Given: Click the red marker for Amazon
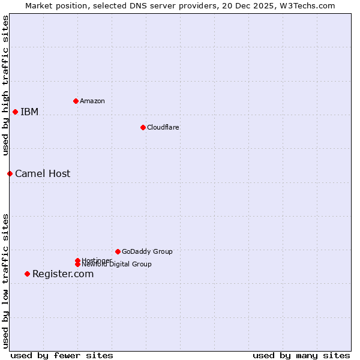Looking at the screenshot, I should [76, 101].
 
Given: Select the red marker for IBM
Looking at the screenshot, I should [15, 112].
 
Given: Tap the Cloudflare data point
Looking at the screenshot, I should [143, 127].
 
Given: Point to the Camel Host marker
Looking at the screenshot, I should [10, 173].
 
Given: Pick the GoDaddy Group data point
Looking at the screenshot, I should [118, 251].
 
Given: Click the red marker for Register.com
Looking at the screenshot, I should [27, 274].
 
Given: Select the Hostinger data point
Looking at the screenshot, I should [77, 260].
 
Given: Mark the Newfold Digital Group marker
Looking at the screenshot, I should [77, 264].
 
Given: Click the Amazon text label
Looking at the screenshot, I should [92, 101].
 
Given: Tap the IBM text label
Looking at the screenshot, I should [29, 112].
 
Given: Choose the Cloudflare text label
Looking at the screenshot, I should [163, 127].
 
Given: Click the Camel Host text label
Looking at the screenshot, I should [43, 173].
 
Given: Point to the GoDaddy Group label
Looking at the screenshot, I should [147, 251].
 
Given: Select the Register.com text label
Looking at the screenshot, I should [63, 274].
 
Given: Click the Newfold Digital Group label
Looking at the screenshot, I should [116, 265].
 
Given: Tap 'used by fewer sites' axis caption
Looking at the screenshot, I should [62, 355].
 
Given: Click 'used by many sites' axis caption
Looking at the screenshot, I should [301, 355].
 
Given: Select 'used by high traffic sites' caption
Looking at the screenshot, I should [6, 85].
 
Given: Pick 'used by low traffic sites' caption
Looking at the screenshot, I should [6, 281].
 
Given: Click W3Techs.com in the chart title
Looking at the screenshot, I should [305, 5].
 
